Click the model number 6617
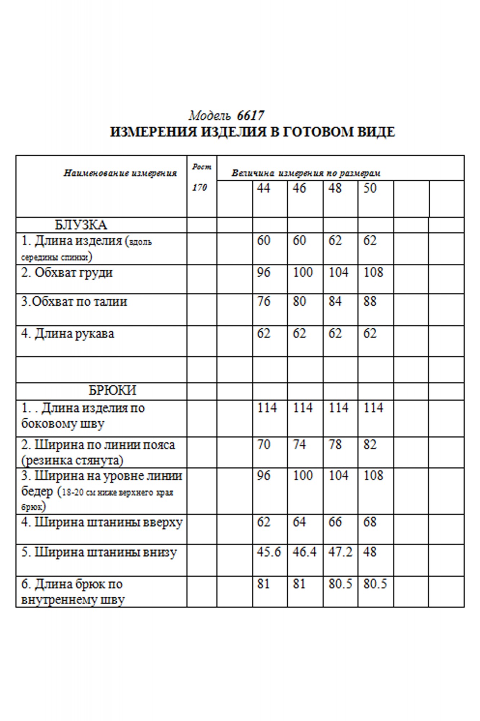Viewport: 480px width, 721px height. point(251,116)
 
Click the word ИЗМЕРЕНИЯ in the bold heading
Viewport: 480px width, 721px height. point(154,132)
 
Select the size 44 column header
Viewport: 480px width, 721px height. point(264,188)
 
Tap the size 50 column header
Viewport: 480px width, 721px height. point(370,188)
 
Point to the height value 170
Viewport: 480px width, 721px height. point(199,187)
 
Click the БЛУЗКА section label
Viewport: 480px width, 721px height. point(81,225)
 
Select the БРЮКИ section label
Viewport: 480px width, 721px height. point(112,390)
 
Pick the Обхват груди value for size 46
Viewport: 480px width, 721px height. point(302,272)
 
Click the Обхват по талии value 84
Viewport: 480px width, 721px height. point(335,301)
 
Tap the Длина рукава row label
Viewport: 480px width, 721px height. point(68,333)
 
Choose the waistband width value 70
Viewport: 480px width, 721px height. point(264,444)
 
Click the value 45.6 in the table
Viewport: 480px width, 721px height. point(269,552)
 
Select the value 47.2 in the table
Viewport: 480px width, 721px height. point(340,552)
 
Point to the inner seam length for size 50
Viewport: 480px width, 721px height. point(375,584)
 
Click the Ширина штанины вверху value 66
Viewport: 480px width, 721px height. point(335,522)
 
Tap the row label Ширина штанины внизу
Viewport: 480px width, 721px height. point(99,552)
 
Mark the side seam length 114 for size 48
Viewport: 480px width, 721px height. point(338,408)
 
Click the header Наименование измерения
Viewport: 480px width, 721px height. point(120,173)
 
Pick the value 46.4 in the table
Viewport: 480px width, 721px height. point(304,552)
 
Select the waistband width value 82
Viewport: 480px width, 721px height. point(370,444)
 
